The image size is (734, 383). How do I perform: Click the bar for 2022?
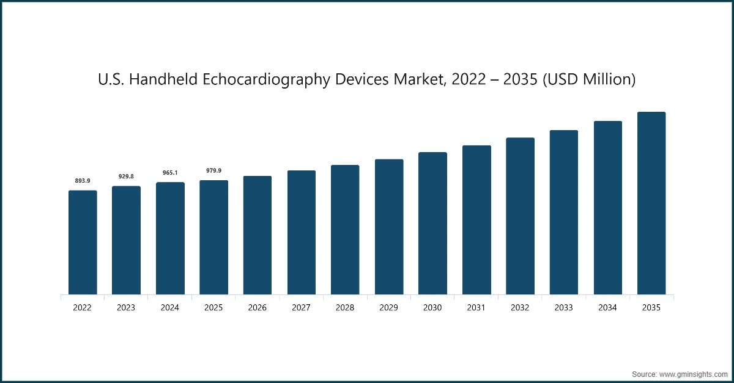tap(83, 243)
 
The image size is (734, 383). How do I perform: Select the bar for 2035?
tap(651, 203)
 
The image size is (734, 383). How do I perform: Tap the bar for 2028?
tap(345, 230)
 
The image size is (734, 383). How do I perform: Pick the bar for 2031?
tap(476, 220)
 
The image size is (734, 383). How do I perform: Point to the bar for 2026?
tap(258, 235)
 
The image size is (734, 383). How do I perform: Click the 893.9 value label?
tap(83, 181)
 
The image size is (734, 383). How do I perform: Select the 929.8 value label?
tap(126, 177)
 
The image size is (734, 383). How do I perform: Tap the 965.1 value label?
tap(170, 173)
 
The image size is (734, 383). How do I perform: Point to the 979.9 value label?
tap(213, 170)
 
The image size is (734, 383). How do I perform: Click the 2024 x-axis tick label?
tap(170, 308)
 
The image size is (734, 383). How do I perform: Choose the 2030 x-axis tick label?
tap(432, 308)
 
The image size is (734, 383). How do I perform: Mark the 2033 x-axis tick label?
tap(563, 308)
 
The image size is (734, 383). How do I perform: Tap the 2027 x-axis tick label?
tap(301, 308)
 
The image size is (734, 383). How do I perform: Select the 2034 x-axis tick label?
tap(607, 308)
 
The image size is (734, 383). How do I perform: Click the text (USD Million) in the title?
tap(589, 80)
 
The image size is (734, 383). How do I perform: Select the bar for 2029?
tap(389, 227)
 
